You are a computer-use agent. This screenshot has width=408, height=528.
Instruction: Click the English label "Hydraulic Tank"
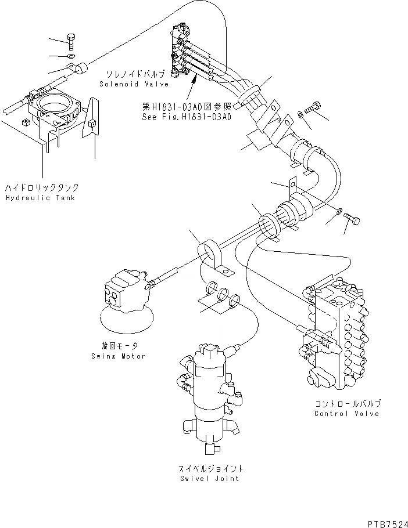(42, 198)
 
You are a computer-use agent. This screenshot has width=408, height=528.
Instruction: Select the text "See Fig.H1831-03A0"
(187, 117)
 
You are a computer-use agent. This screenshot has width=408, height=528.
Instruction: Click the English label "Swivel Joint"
(211, 479)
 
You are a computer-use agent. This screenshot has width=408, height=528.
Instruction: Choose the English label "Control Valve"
(346, 414)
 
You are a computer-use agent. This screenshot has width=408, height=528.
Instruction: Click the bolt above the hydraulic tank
(71, 39)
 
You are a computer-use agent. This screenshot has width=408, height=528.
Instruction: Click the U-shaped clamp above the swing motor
(213, 258)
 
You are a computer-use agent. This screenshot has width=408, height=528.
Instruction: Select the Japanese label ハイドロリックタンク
(41, 188)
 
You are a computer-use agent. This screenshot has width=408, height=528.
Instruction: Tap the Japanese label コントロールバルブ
(346, 404)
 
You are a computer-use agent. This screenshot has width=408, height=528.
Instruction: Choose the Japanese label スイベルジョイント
(211, 468)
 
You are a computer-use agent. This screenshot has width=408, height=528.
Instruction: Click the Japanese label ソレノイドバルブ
(135, 74)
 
